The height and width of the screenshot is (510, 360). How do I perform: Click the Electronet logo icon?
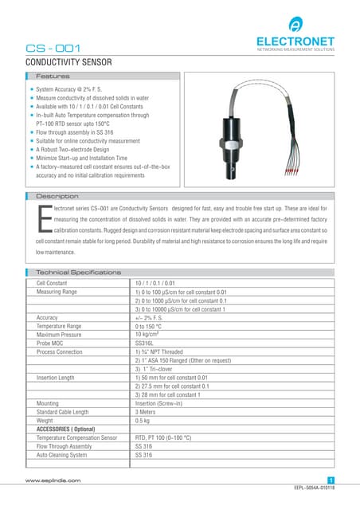pos(295,24)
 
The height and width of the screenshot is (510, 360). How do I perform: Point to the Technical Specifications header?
pos(79,273)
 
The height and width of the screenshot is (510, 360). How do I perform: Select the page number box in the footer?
pos(331,480)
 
